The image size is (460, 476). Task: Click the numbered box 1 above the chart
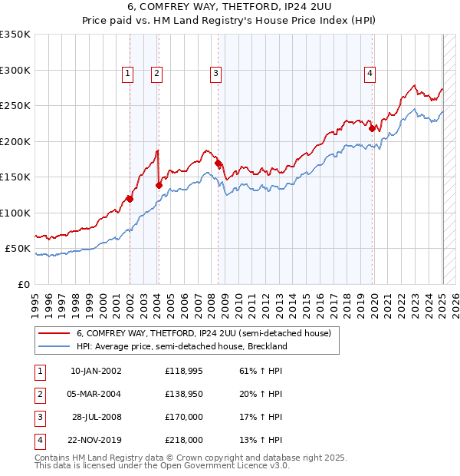[127, 74]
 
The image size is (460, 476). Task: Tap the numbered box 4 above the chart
[370, 74]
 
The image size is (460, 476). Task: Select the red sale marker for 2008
[219, 164]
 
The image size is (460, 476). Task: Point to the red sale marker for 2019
[372, 129]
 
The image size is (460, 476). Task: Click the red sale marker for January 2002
[130, 199]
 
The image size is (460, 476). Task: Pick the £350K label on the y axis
[15, 35]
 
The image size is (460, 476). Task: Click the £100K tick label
[15, 213]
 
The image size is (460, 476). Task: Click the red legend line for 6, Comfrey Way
[54, 334]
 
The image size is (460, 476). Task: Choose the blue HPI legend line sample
[54, 346]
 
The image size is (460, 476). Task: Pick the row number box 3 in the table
[39, 417]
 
